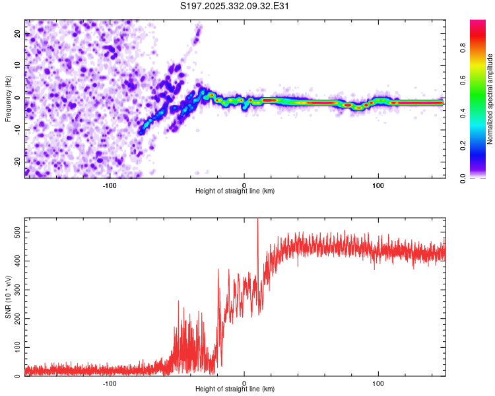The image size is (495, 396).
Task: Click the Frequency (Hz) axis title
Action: (x=8, y=98)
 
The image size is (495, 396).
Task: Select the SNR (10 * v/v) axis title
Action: (x=8, y=297)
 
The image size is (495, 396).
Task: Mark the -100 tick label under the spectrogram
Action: (x=110, y=185)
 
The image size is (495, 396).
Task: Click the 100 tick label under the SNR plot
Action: (x=378, y=383)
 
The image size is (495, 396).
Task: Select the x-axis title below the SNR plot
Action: (x=235, y=389)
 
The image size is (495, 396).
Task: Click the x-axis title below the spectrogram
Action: (x=235, y=191)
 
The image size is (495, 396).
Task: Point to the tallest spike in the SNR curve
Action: (x=257, y=220)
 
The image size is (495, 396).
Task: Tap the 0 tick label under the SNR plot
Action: (x=244, y=383)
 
